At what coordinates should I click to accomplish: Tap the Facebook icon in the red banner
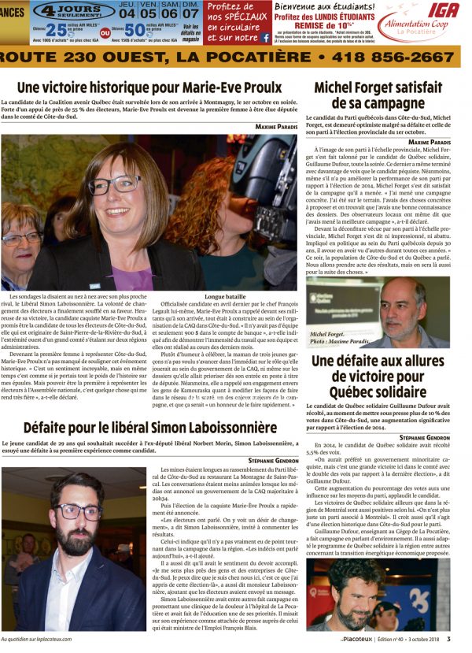pyautogui.click(x=266, y=37)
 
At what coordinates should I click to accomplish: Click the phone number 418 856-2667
pyautogui.click(x=391, y=58)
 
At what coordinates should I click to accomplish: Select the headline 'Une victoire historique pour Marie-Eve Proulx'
pyautogui.click(x=149, y=86)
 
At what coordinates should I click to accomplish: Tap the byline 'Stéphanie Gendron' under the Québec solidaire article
pyautogui.click(x=424, y=436)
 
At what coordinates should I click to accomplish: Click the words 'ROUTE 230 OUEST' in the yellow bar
pyautogui.click(x=79, y=58)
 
